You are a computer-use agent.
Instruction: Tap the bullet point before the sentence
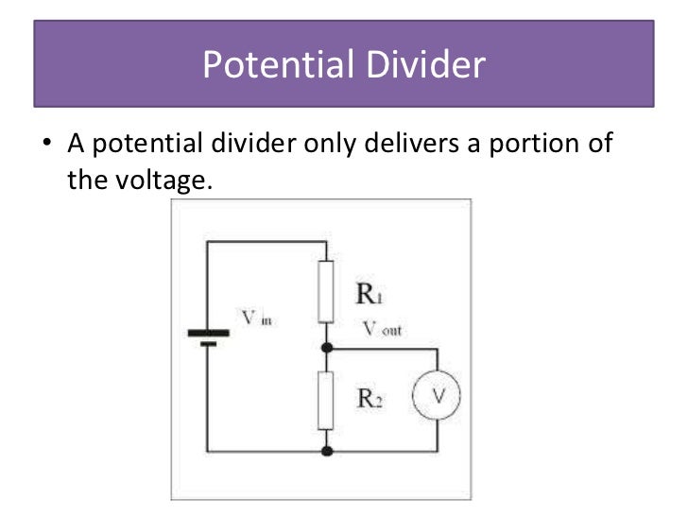44,146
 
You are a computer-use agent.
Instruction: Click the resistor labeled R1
327,293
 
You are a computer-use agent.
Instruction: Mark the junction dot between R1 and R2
327,348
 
